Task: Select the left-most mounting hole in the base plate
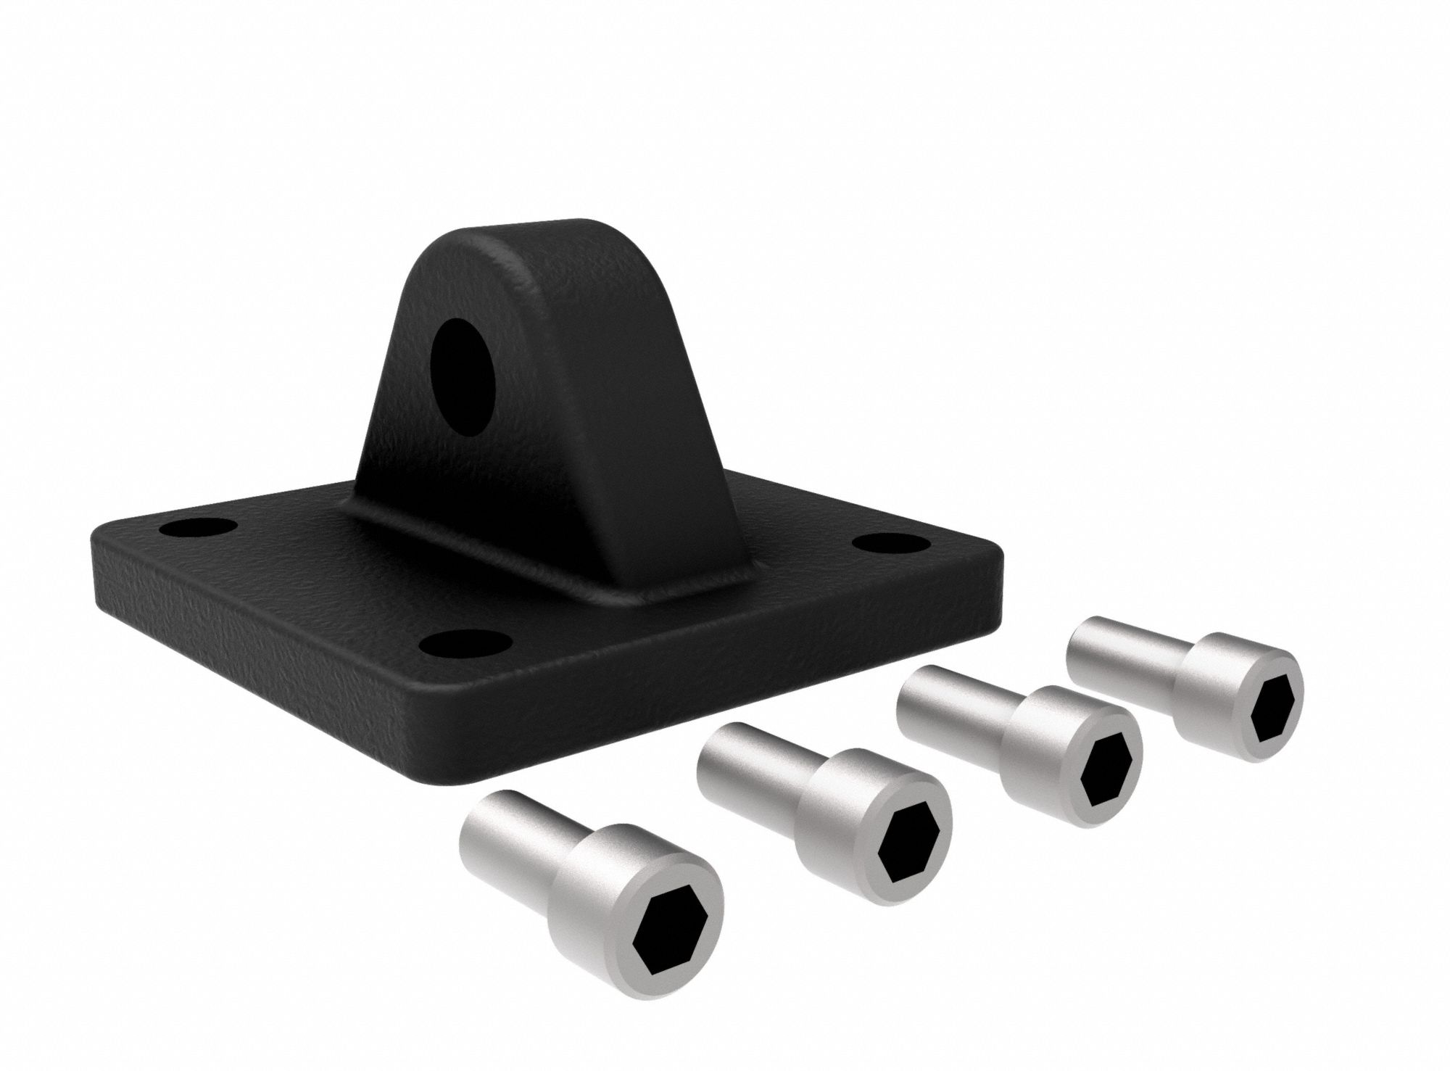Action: [197, 527]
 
